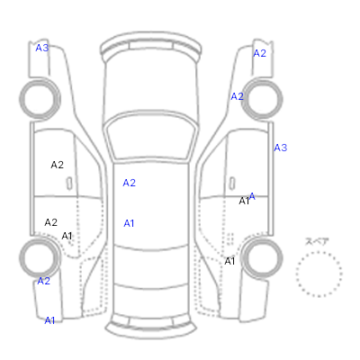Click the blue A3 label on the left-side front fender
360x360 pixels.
tap(42, 48)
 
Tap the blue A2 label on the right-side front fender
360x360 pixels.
tap(260, 53)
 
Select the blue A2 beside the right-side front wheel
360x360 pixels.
tap(237, 96)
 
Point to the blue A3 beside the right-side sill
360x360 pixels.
tap(281, 148)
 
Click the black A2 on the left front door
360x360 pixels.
tap(57, 165)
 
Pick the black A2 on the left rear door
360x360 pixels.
tap(50, 222)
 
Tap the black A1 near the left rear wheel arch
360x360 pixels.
tap(67, 236)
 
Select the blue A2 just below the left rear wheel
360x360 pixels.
tap(43, 281)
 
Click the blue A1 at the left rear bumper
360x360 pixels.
tap(49, 320)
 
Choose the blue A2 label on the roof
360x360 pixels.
tap(129, 183)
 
